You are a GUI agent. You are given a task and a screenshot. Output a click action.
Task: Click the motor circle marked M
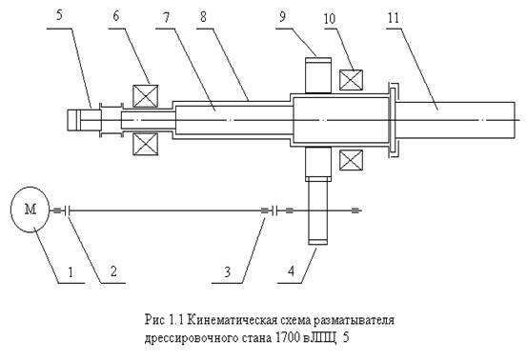[30, 210]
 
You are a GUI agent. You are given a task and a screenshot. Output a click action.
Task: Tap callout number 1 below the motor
[71, 271]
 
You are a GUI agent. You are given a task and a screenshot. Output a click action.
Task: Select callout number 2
[113, 271]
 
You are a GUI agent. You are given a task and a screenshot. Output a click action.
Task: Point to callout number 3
[228, 271]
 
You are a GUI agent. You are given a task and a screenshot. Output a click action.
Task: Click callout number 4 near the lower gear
[291, 270]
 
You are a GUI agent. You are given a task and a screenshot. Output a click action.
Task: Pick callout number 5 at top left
[59, 15]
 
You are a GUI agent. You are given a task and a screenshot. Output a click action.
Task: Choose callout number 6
[116, 15]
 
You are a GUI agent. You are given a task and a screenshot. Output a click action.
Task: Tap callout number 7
[167, 17]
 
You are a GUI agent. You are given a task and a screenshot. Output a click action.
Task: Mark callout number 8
[203, 17]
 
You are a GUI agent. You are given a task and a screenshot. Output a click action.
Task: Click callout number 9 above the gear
[283, 16]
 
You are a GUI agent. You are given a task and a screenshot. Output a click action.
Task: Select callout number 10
[330, 18]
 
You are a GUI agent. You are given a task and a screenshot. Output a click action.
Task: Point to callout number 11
[394, 17]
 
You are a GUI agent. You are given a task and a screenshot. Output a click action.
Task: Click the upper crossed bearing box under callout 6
[146, 96]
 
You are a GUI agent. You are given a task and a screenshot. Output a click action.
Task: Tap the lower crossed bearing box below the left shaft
[146, 144]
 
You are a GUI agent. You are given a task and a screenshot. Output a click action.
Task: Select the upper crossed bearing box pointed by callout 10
[352, 80]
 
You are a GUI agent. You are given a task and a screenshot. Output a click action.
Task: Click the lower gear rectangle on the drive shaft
[317, 210]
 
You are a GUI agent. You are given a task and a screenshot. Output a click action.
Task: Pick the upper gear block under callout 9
[318, 75]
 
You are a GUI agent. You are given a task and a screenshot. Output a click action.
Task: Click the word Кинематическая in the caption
[231, 320]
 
